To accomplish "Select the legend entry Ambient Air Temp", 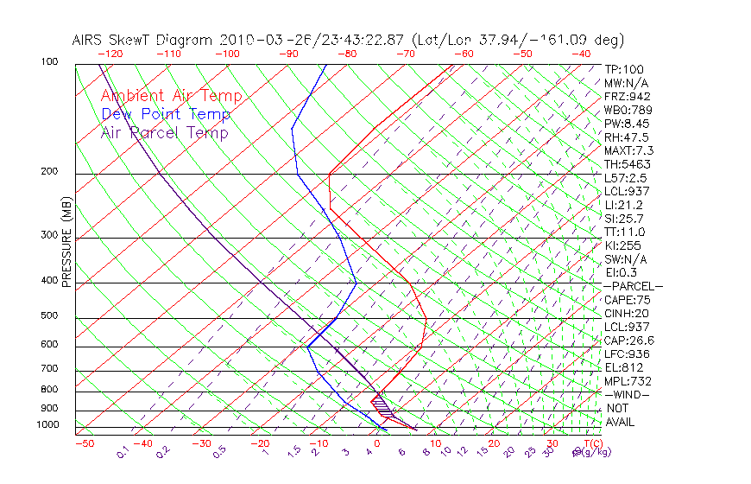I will (x=171, y=96).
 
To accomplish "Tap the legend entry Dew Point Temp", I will (x=165, y=114).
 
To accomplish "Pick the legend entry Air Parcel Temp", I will (x=164, y=132).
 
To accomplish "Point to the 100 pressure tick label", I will (x=48, y=62).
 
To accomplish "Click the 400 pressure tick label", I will (x=48, y=281).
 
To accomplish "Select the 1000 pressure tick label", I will (x=47, y=425).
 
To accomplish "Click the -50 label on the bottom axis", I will (x=84, y=443).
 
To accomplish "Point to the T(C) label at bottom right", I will (x=591, y=443).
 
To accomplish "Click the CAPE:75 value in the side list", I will (x=627, y=299).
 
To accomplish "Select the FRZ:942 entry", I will (x=627, y=96).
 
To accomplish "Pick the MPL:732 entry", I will (x=627, y=380).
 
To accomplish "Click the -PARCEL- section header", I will (x=633, y=286).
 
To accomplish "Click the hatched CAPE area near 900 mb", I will (x=382, y=405).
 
